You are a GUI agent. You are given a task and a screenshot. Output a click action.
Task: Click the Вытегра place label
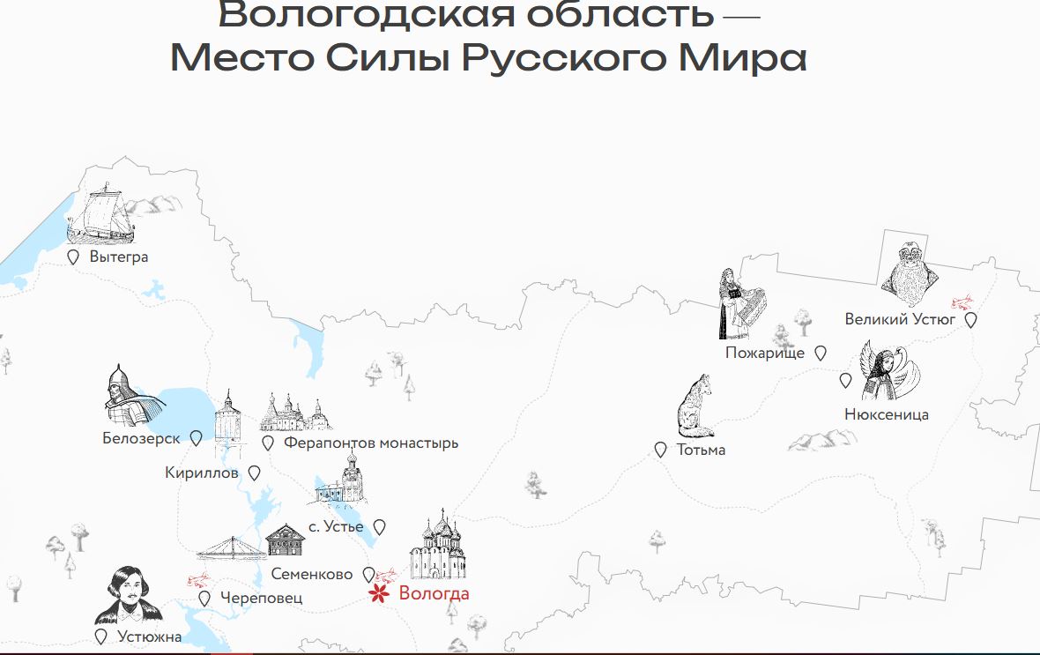119,257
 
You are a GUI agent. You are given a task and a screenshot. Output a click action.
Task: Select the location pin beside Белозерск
196,438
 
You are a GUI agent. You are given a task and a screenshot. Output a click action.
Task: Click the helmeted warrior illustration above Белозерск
130,397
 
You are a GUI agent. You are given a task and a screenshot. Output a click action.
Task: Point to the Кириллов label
202,473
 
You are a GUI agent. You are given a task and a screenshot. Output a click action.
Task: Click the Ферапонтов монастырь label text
370,443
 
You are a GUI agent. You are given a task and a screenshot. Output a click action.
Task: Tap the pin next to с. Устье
379,527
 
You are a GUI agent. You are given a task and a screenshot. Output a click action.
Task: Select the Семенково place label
312,574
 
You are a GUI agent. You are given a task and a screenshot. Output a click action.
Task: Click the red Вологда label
434,593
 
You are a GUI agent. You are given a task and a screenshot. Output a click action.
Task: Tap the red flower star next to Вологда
379,594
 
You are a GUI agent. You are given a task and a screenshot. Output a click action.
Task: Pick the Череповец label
262,598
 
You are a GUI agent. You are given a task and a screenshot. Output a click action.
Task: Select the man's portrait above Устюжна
129,596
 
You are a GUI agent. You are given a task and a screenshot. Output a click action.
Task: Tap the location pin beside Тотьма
660,450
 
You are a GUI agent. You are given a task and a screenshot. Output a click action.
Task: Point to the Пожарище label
765,353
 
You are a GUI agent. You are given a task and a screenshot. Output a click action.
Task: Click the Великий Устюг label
900,319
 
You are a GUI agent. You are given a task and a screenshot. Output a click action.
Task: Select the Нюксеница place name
886,414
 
